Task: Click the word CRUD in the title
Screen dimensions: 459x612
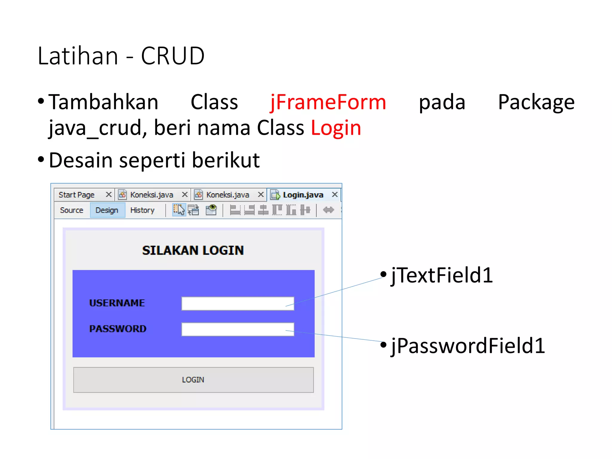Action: pos(172,56)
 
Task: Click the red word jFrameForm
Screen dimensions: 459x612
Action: pos(328,102)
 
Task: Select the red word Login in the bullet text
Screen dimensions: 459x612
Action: pos(336,128)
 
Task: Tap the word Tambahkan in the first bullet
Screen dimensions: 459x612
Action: pos(103,102)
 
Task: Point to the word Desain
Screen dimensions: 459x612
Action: pos(80,160)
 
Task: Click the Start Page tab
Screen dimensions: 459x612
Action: pos(76,195)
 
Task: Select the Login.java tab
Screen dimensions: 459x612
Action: pos(303,195)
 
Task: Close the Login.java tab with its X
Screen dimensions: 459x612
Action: pos(335,195)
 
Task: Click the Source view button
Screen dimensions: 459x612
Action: pos(71,210)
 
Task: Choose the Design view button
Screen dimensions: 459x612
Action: pos(107,210)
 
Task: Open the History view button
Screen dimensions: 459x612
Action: pos(142,210)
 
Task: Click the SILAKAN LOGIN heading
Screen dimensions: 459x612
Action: pos(193,250)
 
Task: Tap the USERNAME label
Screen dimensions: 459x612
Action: pos(117,303)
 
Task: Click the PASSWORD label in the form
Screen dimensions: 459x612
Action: pos(118,329)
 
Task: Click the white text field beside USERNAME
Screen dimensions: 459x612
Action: pos(238,304)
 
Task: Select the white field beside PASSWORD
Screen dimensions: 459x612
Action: pos(238,329)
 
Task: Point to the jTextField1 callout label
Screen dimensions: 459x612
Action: pos(442,275)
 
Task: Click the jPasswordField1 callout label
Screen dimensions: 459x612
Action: pos(468,346)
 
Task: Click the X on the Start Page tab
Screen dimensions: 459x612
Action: pos(109,195)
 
